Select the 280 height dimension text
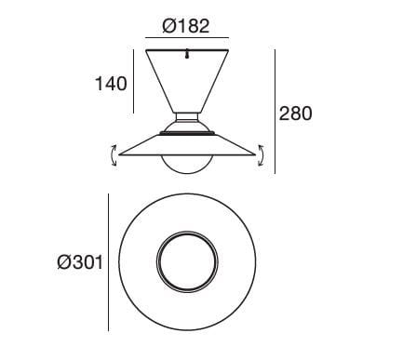[x=295, y=114]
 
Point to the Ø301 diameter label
[x=78, y=263]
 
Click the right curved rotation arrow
[x=262, y=155]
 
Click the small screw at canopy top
[x=187, y=54]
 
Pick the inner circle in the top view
[x=187, y=262]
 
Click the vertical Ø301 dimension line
[x=108, y=262]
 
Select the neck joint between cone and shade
[x=187, y=122]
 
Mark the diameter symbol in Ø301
[x=62, y=263]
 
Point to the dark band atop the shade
[x=187, y=133]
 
